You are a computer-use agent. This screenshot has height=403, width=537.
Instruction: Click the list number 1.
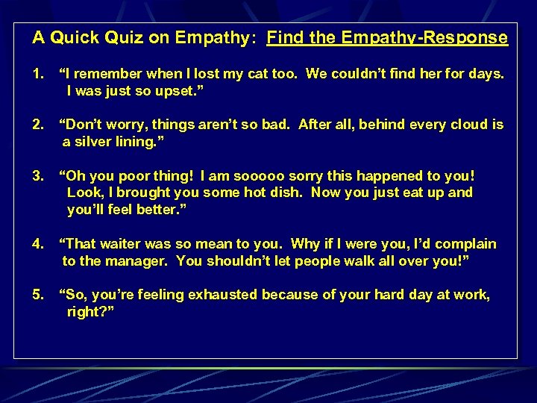37,74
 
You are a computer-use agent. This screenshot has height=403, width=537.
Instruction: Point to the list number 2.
37,125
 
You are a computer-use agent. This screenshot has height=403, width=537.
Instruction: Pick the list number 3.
37,176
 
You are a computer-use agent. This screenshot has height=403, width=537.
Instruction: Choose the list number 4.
37,244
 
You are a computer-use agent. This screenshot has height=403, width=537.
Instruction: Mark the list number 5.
37,295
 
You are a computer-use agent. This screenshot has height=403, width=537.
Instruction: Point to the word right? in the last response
89,311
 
